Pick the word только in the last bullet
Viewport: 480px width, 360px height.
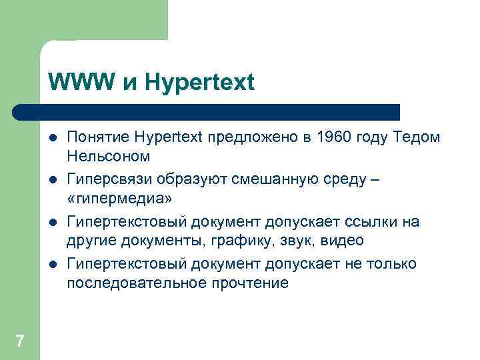[392, 264]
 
